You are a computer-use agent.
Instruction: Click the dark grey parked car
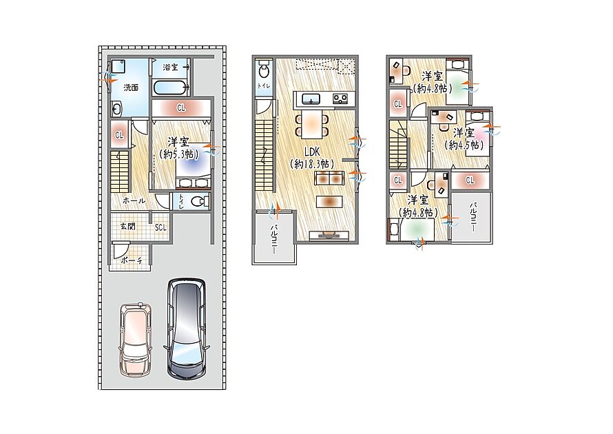[x=187, y=329]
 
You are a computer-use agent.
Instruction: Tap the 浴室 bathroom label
[x=170, y=68]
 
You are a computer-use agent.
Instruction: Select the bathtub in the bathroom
[x=170, y=87]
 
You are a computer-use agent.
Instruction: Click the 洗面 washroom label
[x=131, y=87]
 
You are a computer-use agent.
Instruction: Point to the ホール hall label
[x=134, y=200]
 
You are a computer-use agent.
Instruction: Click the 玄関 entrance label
[x=127, y=226]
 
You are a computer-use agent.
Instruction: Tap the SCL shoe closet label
[x=160, y=227]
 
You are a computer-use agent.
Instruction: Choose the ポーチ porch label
[x=132, y=260]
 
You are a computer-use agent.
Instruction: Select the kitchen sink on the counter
[x=311, y=99]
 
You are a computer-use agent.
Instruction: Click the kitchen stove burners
[x=340, y=99]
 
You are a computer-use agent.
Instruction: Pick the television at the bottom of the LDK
[x=329, y=235]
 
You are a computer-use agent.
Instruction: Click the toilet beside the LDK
[x=264, y=70]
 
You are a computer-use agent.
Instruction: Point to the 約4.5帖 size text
[x=464, y=145]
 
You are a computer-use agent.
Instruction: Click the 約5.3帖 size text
[x=178, y=154]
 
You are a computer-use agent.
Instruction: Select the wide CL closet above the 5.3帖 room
[x=181, y=107]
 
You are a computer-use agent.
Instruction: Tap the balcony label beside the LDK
[x=274, y=239]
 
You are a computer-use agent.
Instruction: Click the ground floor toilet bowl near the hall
[x=201, y=201]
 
